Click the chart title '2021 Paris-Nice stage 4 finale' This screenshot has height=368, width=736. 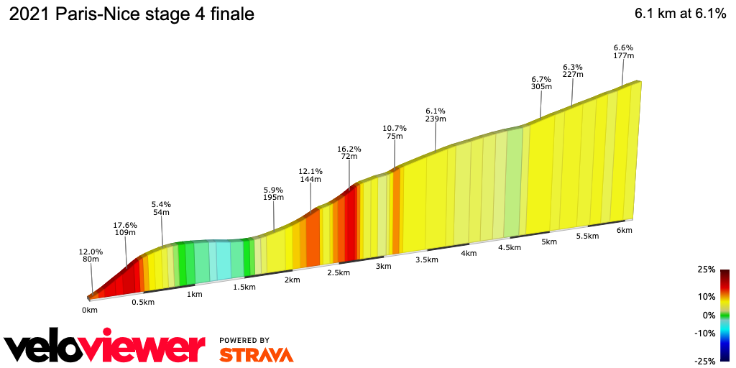pos(132,14)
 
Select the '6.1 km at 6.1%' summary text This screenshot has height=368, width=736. pos(679,14)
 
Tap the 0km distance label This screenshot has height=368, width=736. pos(89,310)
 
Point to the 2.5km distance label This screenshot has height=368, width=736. pos(339,273)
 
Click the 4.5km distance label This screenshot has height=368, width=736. pos(509,247)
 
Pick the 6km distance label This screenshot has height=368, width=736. pos(624,230)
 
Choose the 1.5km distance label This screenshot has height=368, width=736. pos(244,287)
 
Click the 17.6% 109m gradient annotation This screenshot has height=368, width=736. pos(125,229)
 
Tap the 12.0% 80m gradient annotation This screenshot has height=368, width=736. pos(91,256)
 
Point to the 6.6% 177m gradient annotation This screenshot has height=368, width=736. pos(623,51)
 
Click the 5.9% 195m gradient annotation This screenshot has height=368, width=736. pos(274,193)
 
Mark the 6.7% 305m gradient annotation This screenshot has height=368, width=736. pos(541,83)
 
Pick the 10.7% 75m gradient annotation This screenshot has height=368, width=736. pos(395,132)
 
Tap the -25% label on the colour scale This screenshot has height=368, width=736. pos(706,361)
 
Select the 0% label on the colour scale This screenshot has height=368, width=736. pos(709,315)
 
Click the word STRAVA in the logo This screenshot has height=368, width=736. pos(256,354)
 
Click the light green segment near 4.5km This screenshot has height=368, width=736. pos(513,183)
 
